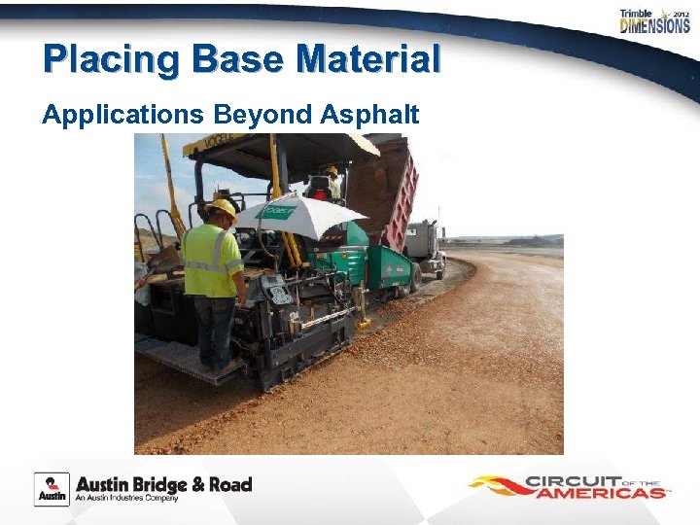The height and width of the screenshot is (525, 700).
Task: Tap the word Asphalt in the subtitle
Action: pos(368,115)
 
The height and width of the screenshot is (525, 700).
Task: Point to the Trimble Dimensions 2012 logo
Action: pos(654,21)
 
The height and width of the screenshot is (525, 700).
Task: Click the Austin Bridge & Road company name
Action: pos(163,484)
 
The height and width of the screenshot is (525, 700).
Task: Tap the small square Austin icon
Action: pos(52,489)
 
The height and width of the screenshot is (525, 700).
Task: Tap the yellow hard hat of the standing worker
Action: pos(223,206)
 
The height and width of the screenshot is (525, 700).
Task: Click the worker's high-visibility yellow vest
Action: pos(213,260)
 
